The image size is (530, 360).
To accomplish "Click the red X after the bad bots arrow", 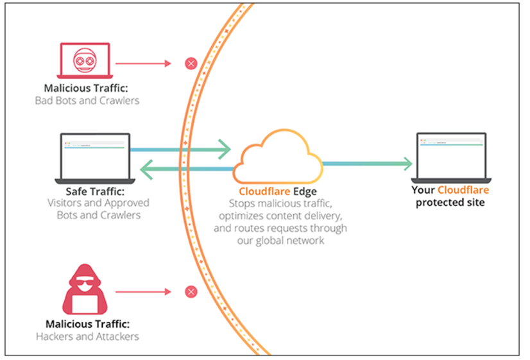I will pyautogui.click(x=191, y=63).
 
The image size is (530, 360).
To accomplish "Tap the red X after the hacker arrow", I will pyautogui.click(x=191, y=292).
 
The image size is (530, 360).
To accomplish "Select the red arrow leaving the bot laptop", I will pyautogui.click(x=144, y=63).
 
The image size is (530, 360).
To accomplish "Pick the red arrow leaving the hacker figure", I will pyautogui.click(x=144, y=292).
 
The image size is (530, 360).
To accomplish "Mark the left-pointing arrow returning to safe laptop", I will pyautogui.click(x=186, y=169).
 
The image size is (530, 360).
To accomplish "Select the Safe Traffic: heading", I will pyautogui.click(x=94, y=191).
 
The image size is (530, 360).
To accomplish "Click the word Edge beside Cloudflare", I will pyautogui.click(x=309, y=191).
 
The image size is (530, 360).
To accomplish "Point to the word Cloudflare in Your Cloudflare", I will pyautogui.click(x=463, y=191).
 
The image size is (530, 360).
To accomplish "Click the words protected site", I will pyautogui.click(x=450, y=203).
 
